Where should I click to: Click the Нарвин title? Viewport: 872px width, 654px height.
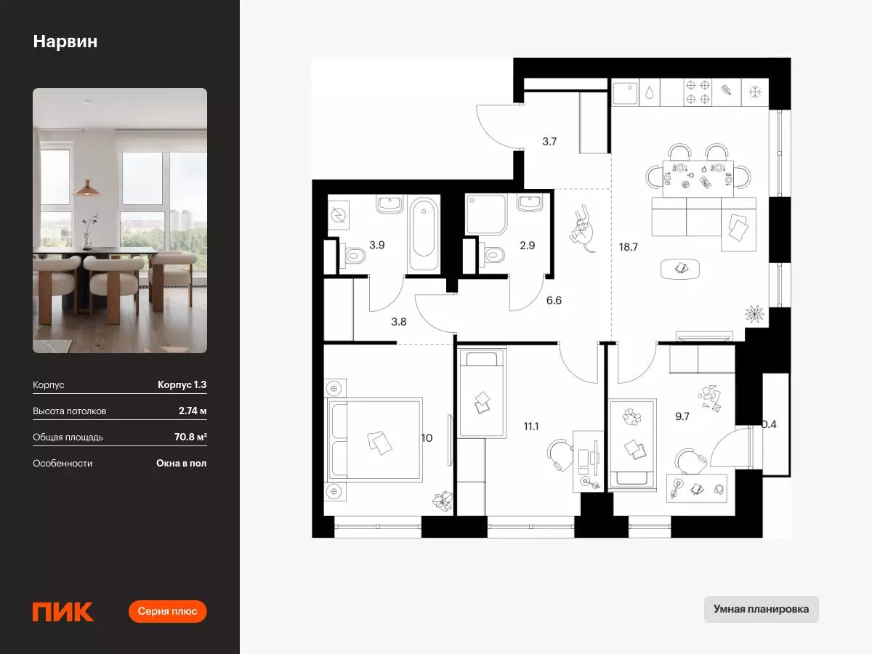pyautogui.click(x=65, y=41)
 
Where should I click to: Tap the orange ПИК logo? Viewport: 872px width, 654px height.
pyautogui.click(x=63, y=611)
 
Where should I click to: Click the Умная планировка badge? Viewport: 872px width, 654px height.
pyautogui.click(x=761, y=609)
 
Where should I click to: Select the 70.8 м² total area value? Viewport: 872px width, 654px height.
pyautogui.click(x=190, y=437)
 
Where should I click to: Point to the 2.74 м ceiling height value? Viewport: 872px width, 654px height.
pyautogui.click(x=193, y=411)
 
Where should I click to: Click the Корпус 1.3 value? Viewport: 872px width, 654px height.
pyautogui.click(x=182, y=384)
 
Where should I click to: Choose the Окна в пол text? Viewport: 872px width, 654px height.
pyautogui.click(x=181, y=463)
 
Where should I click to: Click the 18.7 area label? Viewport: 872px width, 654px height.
pyautogui.click(x=628, y=247)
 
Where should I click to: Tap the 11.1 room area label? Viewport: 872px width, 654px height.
pyautogui.click(x=530, y=427)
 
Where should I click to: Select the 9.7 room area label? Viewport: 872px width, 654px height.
pyautogui.click(x=682, y=416)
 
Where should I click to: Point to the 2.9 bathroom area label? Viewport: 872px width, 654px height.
pyautogui.click(x=527, y=246)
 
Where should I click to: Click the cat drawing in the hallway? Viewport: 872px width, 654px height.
pyautogui.click(x=582, y=229)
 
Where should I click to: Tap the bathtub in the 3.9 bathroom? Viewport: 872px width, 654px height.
pyautogui.click(x=424, y=233)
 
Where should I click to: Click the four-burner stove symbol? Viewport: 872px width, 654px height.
pyautogui.click(x=698, y=92)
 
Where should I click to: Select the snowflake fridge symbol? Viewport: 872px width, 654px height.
pyautogui.click(x=755, y=92)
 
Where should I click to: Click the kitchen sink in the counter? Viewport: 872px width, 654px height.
pyautogui.click(x=626, y=93)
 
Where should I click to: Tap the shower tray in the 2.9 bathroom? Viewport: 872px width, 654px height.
pyautogui.click(x=486, y=214)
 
